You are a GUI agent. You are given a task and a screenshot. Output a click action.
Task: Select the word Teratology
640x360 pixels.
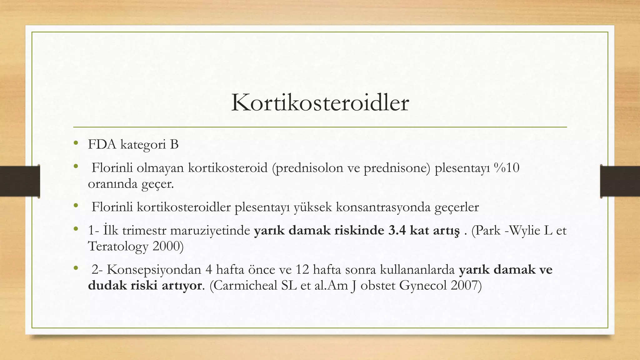118,247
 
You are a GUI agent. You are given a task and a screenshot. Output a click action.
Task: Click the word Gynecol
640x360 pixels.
423,286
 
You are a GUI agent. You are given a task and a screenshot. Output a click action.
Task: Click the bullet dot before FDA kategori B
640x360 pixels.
75,143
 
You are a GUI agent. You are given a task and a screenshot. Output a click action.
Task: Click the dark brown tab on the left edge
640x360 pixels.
20,181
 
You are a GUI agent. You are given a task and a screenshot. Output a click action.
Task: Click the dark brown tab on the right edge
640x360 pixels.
620,181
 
